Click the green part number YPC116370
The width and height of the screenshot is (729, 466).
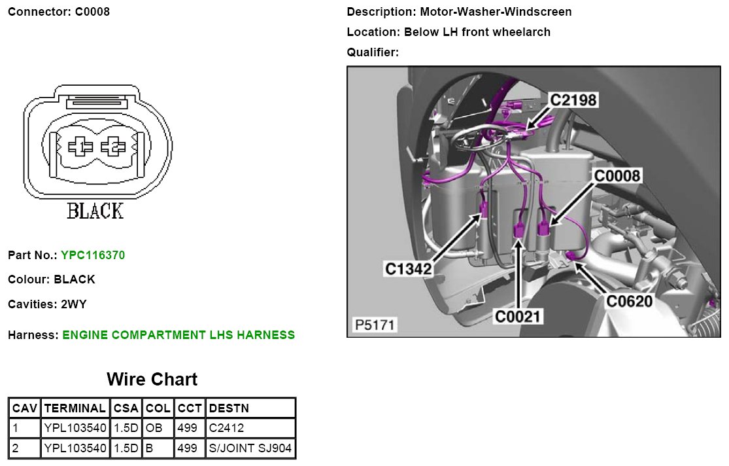[x=93, y=255]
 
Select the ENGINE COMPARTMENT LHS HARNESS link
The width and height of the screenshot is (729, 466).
[x=178, y=335]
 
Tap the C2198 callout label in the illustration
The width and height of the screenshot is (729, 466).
[x=573, y=99]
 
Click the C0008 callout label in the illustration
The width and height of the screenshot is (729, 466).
[x=617, y=175]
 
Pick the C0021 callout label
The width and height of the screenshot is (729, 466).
[x=518, y=317]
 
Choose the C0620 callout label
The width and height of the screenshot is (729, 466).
[x=629, y=301]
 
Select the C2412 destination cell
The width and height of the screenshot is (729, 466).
[x=226, y=429]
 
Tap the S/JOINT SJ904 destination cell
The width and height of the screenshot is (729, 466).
[x=250, y=449]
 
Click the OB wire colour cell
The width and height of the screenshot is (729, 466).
[x=154, y=429]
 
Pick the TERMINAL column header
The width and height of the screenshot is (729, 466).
[x=75, y=408]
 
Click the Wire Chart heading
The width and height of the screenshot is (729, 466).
[x=152, y=380]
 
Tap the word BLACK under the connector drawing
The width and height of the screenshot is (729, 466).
[x=95, y=211]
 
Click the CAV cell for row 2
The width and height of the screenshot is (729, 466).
[x=24, y=449]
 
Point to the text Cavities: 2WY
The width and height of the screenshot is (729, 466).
[x=47, y=304]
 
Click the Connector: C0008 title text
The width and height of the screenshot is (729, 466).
[x=59, y=12]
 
